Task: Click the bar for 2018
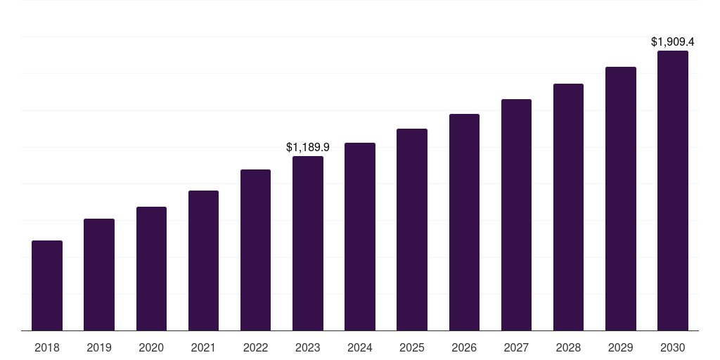pyautogui.click(x=47, y=285)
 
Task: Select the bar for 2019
pyautogui.click(x=99, y=274)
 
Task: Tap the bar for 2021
pyautogui.click(x=203, y=260)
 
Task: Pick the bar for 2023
pyautogui.click(x=308, y=243)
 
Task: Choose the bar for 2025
pyautogui.click(x=412, y=229)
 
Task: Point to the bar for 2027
pyautogui.click(x=516, y=214)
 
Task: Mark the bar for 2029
pyautogui.click(x=621, y=198)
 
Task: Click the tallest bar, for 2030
pyautogui.click(x=673, y=191)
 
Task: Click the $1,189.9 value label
pyautogui.click(x=308, y=147)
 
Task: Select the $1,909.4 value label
pyautogui.click(x=673, y=42)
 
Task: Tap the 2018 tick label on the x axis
pyautogui.click(x=47, y=347)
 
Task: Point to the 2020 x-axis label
pyautogui.click(x=151, y=347)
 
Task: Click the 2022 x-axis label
pyautogui.click(x=255, y=347)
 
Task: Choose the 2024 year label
pyautogui.click(x=360, y=347)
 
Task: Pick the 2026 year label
pyautogui.click(x=464, y=347)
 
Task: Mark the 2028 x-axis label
pyautogui.click(x=568, y=347)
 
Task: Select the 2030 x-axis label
pyautogui.click(x=673, y=347)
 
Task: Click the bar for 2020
pyautogui.click(x=151, y=269)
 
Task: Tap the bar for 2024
pyautogui.click(x=360, y=236)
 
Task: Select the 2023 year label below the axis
pyautogui.click(x=308, y=347)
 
